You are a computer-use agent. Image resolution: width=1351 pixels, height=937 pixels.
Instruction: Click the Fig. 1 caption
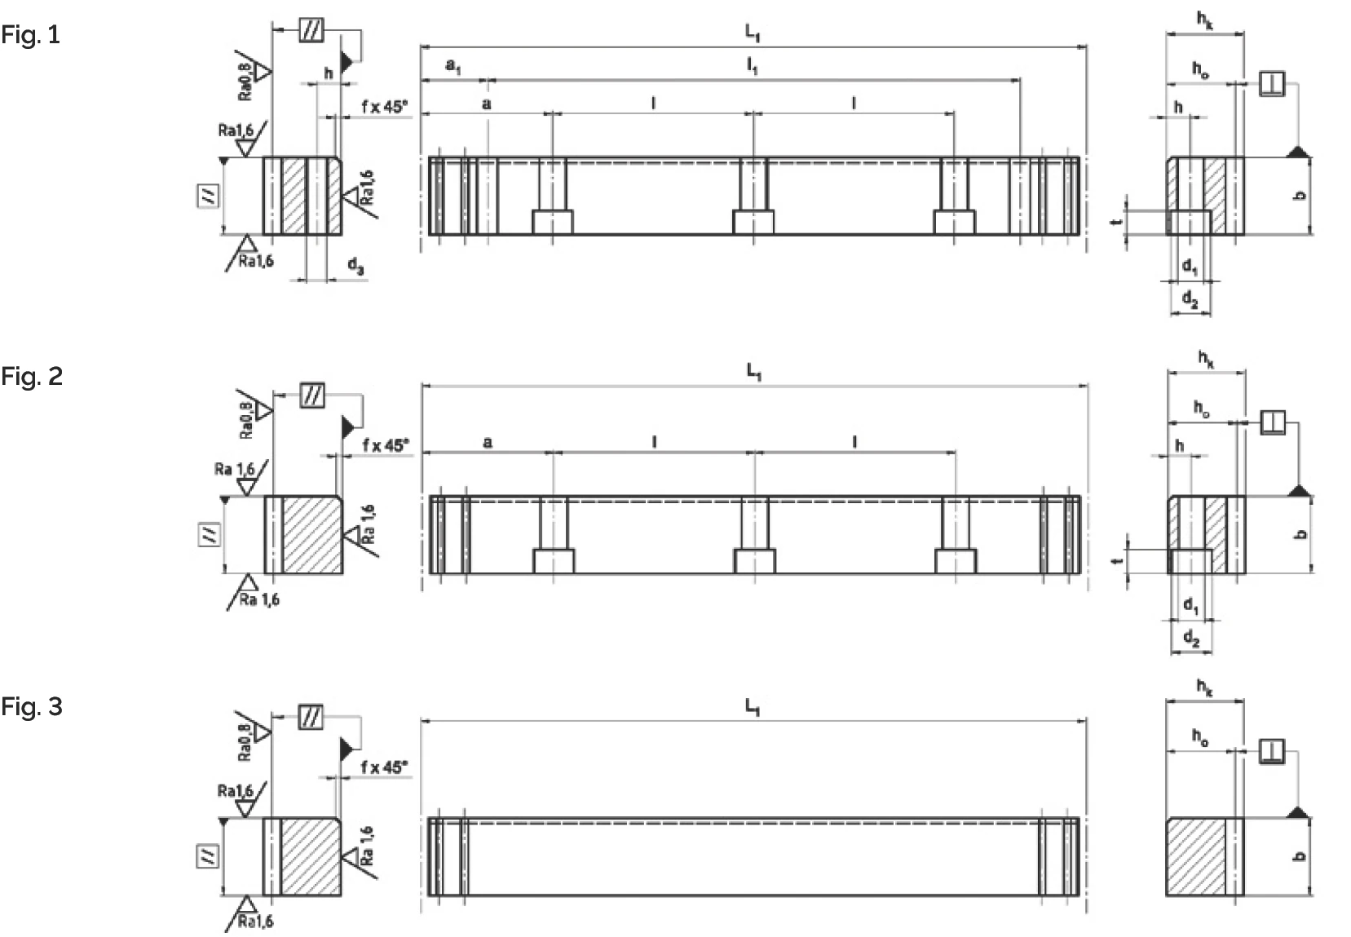point(30,35)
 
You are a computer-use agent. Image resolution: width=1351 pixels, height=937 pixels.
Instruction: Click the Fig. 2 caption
point(31,376)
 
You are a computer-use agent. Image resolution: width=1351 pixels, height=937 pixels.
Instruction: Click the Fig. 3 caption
point(31,706)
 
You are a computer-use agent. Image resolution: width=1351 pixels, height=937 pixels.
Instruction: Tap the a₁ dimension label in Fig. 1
point(453,66)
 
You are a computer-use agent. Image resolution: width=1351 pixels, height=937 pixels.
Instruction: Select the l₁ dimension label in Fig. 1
point(752,66)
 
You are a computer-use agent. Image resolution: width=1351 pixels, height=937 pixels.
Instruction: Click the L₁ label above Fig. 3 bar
point(752,706)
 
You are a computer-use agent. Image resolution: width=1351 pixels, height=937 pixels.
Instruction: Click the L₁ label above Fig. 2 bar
point(753,372)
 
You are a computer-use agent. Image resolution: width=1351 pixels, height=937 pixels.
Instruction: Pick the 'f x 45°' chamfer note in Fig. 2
point(385,445)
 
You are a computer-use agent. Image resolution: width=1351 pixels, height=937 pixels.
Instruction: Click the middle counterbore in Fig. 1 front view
point(753,223)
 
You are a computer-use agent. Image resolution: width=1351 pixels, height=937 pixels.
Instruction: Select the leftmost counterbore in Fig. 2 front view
point(554,561)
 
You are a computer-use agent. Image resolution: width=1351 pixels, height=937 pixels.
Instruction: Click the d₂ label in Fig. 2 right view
point(1190,639)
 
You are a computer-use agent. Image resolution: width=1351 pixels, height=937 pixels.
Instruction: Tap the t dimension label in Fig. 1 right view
point(1119,220)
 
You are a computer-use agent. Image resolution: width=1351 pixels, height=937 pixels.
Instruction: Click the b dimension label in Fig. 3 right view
point(1300,856)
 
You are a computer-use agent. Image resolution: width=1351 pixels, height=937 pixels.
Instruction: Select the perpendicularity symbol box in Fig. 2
point(1272,422)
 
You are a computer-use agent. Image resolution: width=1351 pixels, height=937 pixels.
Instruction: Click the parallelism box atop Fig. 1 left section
point(311,30)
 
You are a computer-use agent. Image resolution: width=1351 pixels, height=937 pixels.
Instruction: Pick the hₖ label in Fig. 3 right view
point(1204,687)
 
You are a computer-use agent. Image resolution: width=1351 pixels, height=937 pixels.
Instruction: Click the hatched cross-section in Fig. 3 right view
point(1195,857)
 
